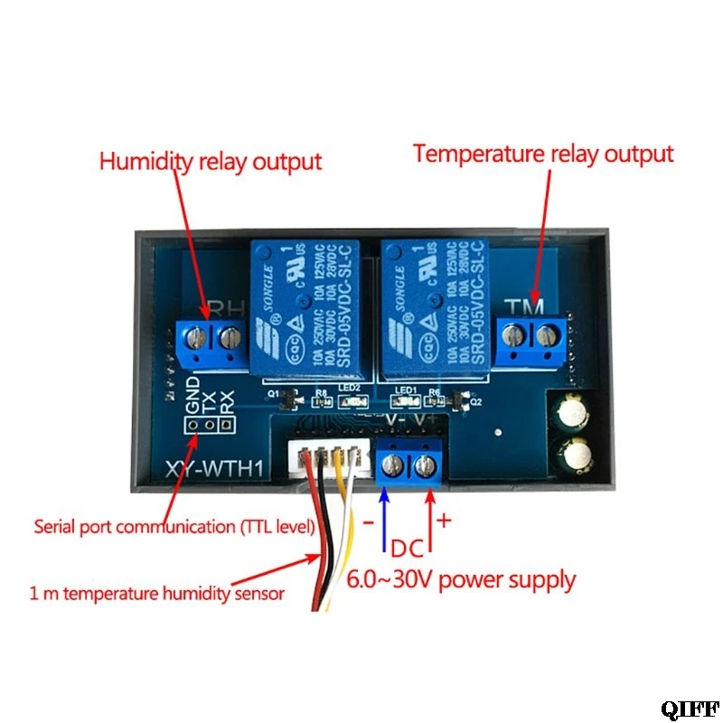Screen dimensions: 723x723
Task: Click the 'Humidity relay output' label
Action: coord(210,163)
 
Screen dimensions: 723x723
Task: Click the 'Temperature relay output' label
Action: coord(543,154)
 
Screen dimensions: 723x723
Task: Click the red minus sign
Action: coord(367,523)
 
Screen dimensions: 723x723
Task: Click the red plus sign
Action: coord(444,521)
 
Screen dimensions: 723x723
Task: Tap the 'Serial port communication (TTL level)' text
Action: coord(174,526)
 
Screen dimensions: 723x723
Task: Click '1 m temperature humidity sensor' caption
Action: coord(156,594)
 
